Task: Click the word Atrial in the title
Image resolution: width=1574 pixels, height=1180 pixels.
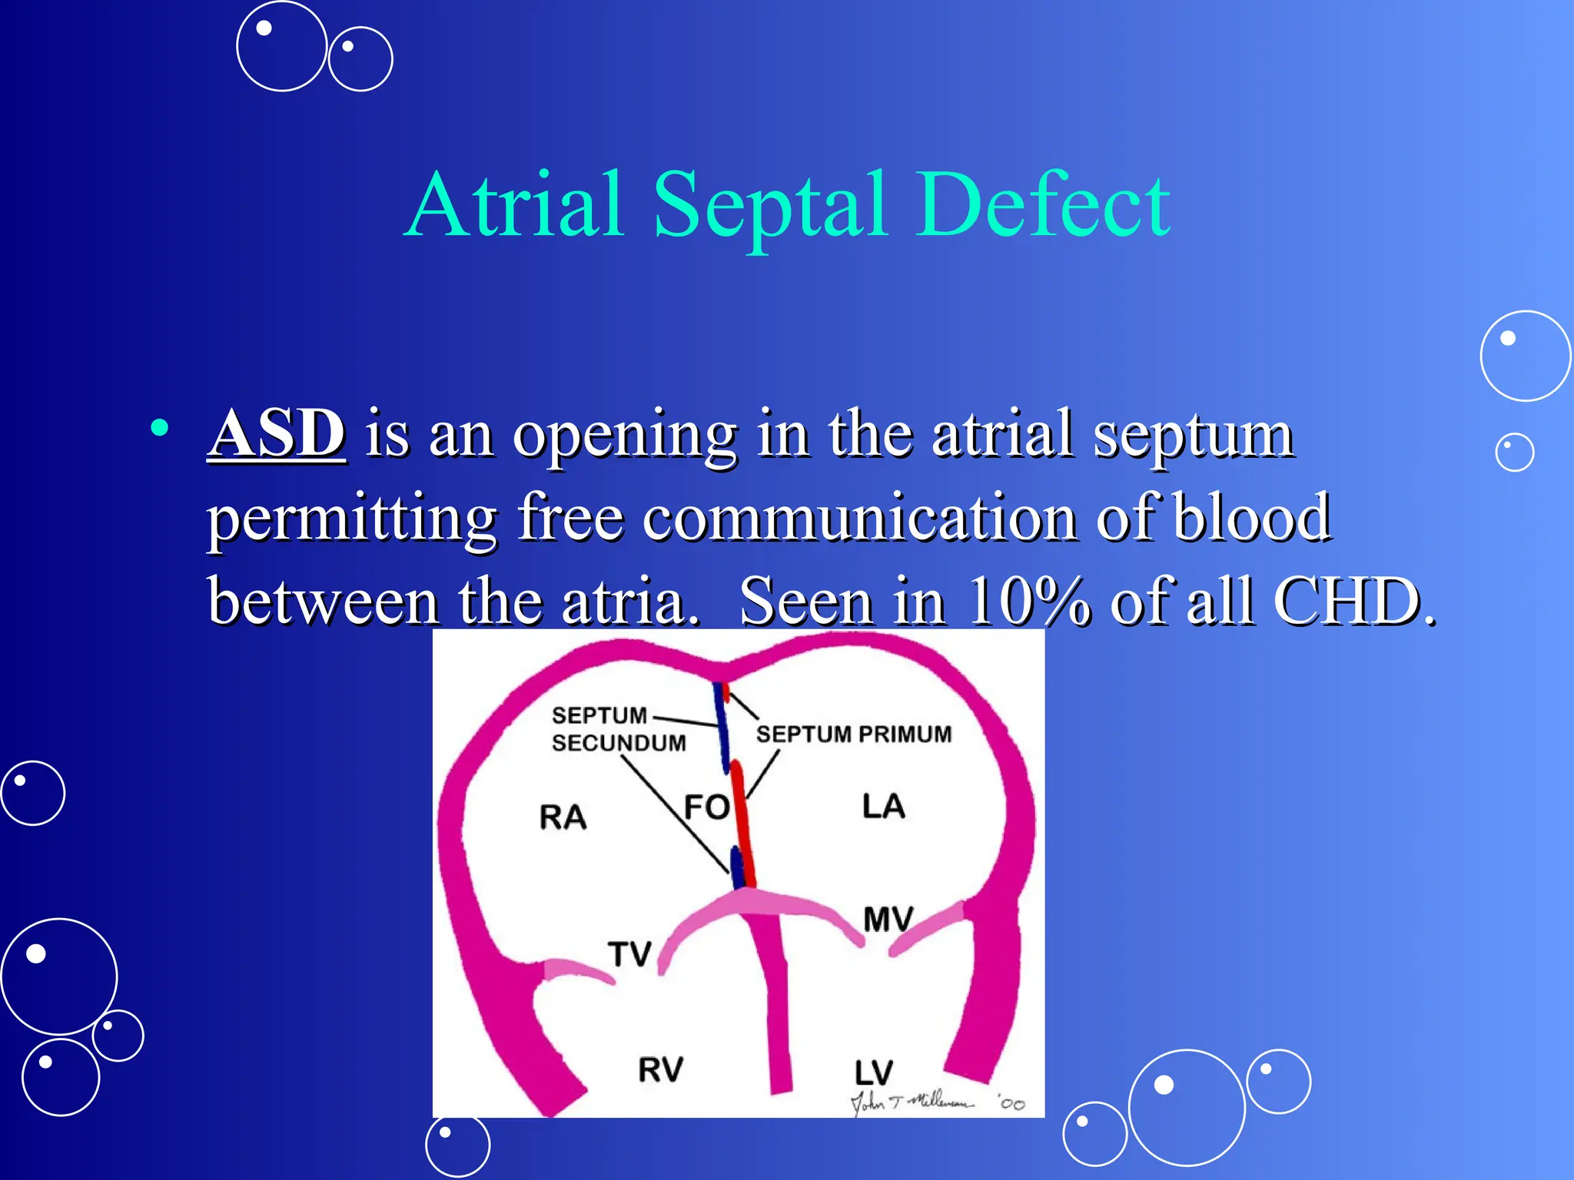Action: (513, 206)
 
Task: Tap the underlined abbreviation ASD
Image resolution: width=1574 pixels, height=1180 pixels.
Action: (277, 434)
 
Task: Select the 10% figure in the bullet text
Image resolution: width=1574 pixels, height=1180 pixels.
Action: (1028, 602)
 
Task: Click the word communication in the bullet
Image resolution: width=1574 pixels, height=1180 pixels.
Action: (861, 519)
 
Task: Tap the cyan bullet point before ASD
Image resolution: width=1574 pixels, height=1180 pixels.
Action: (160, 429)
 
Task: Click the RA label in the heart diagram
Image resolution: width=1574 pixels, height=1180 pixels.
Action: (563, 817)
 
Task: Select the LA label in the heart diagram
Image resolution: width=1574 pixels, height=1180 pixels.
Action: (883, 807)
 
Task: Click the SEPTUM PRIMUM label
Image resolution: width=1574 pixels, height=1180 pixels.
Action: (853, 734)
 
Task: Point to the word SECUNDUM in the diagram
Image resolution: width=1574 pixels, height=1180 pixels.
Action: (619, 743)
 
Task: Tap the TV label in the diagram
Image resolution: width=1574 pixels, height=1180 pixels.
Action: (629, 954)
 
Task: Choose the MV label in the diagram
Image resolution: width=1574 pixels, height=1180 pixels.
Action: (888, 919)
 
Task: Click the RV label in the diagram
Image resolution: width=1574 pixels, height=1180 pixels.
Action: (660, 1069)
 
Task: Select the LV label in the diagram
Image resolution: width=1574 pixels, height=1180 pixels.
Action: (874, 1072)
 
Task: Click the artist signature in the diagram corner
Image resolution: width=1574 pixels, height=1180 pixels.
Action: (915, 1102)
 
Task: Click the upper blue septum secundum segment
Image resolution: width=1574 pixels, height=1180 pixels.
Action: (722, 726)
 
